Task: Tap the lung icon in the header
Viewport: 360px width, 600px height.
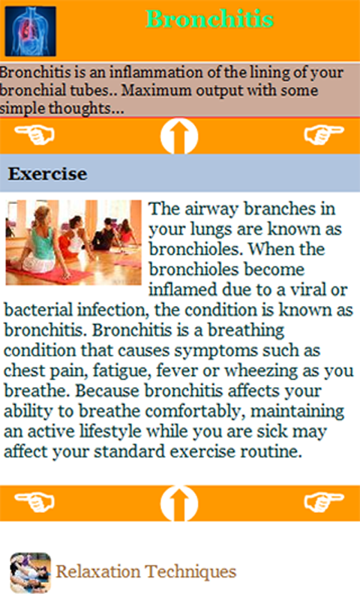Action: (x=30, y=31)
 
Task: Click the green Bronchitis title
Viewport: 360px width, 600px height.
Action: (x=209, y=19)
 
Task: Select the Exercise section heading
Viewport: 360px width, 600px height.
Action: (x=47, y=174)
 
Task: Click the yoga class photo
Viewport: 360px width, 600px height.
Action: (x=73, y=241)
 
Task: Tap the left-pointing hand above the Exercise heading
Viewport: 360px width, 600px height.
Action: (x=34, y=135)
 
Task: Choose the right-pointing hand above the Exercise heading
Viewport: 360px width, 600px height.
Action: (x=324, y=135)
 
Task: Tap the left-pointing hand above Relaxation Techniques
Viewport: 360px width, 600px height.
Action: (x=34, y=501)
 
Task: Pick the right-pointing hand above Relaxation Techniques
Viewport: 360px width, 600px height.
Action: (x=324, y=501)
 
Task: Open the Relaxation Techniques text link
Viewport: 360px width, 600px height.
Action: (x=146, y=571)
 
